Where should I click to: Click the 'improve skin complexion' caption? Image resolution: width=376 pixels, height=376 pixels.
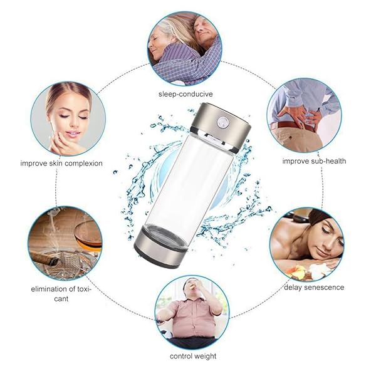coord(61,163)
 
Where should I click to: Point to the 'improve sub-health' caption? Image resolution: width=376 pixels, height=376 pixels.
coord(313,161)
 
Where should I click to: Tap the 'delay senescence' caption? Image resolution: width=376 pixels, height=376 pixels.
coord(314,287)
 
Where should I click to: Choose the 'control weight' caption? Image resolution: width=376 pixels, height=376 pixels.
coord(192,356)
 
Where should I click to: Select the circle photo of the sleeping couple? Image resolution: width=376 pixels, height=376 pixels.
coord(184,48)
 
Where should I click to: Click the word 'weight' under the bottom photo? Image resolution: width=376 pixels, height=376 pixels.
coord(204,356)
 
